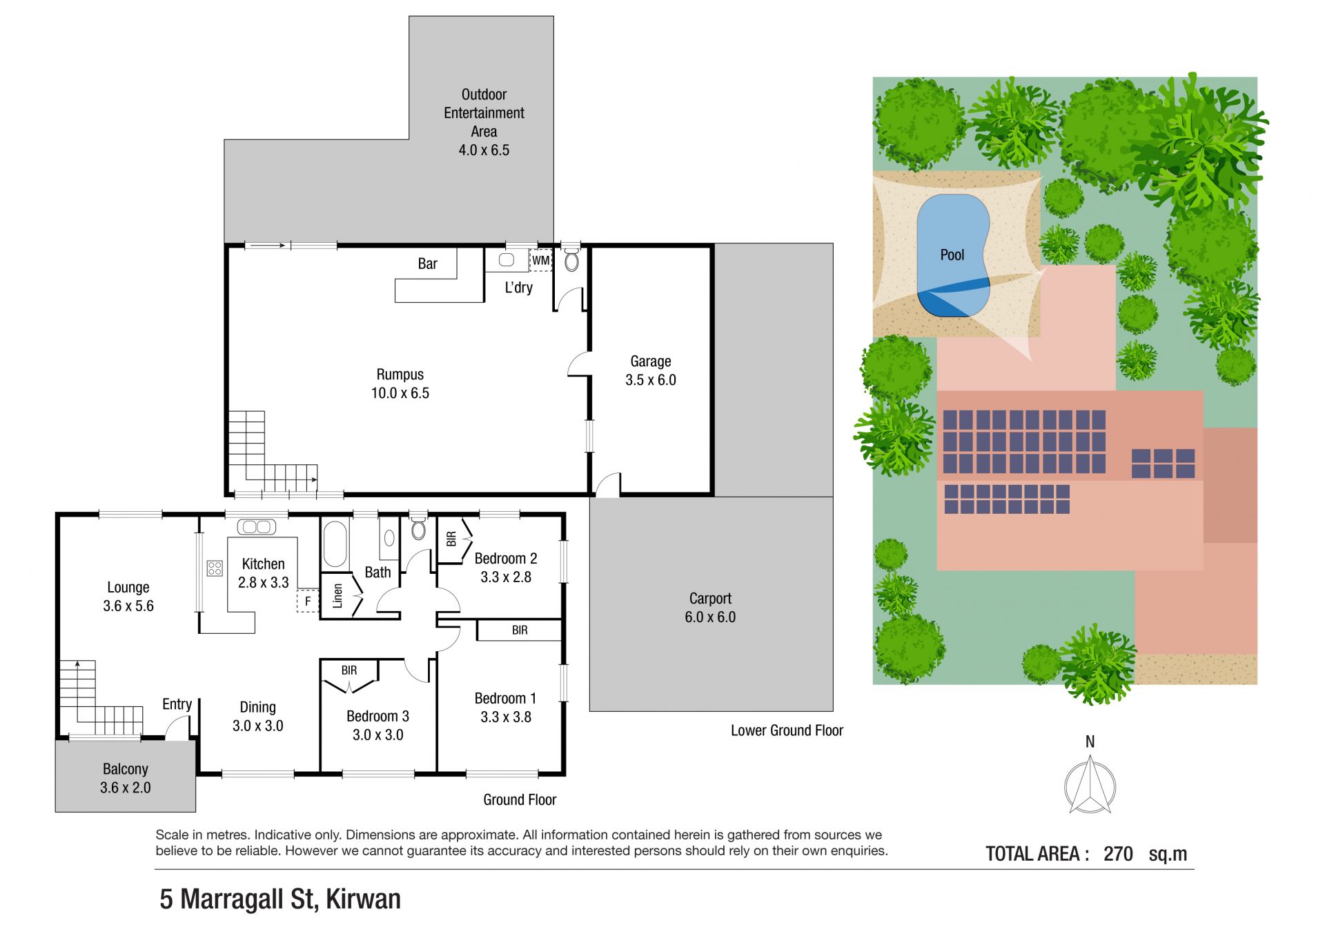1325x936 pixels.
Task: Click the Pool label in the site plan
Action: pos(952,255)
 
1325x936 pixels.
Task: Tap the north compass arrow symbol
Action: pos(1090,784)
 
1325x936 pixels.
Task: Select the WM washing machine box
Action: pos(541,260)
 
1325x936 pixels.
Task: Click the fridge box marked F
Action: pos(308,601)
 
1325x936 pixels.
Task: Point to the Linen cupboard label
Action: pos(337,595)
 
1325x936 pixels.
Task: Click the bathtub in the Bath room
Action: pos(335,544)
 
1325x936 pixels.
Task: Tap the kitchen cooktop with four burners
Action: pos(215,568)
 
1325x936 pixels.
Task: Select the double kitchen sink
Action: pos(257,527)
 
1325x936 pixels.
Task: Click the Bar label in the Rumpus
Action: pos(427,263)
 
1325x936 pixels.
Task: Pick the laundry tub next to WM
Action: pos(507,260)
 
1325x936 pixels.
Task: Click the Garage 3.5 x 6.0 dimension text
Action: pos(651,380)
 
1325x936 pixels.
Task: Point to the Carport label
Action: pos(710,599)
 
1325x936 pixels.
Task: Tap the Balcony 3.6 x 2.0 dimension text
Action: pos(125,788)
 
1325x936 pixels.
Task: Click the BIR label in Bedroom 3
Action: pos(349,670)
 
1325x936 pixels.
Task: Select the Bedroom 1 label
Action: pos(505,698)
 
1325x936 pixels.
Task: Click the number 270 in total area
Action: pos(1118,854)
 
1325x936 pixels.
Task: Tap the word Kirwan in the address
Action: pos(363,899)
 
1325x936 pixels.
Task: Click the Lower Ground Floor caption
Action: pos(787,730)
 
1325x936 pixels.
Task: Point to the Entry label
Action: pos(177,704)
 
